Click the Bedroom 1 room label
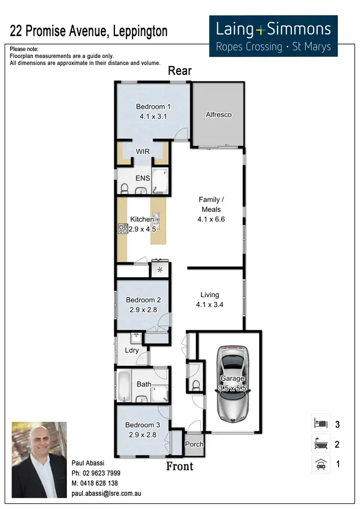coord(153,106)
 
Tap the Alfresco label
coord(219,115)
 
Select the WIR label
coord(143,151)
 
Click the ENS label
coord(143,178)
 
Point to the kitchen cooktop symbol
coord(123,229)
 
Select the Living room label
coord(210,294)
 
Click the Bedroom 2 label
coord(143,300)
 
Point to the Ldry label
coord(132,350)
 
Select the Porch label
coord(194,445)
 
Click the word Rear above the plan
coord(179,71)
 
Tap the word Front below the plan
coord(179,467)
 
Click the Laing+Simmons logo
coord(273,36)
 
